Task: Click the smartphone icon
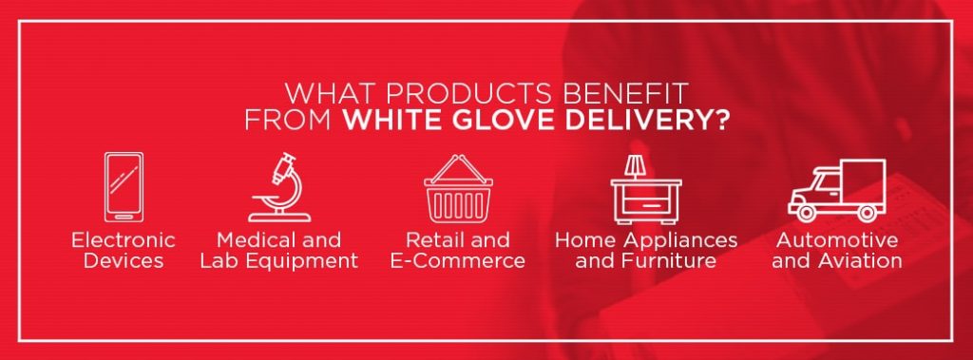123,187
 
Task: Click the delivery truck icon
836,190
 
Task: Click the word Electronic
124,239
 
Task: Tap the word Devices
124,260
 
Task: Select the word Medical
252,239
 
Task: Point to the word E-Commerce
458,260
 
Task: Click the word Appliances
678,239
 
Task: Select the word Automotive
836,239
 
